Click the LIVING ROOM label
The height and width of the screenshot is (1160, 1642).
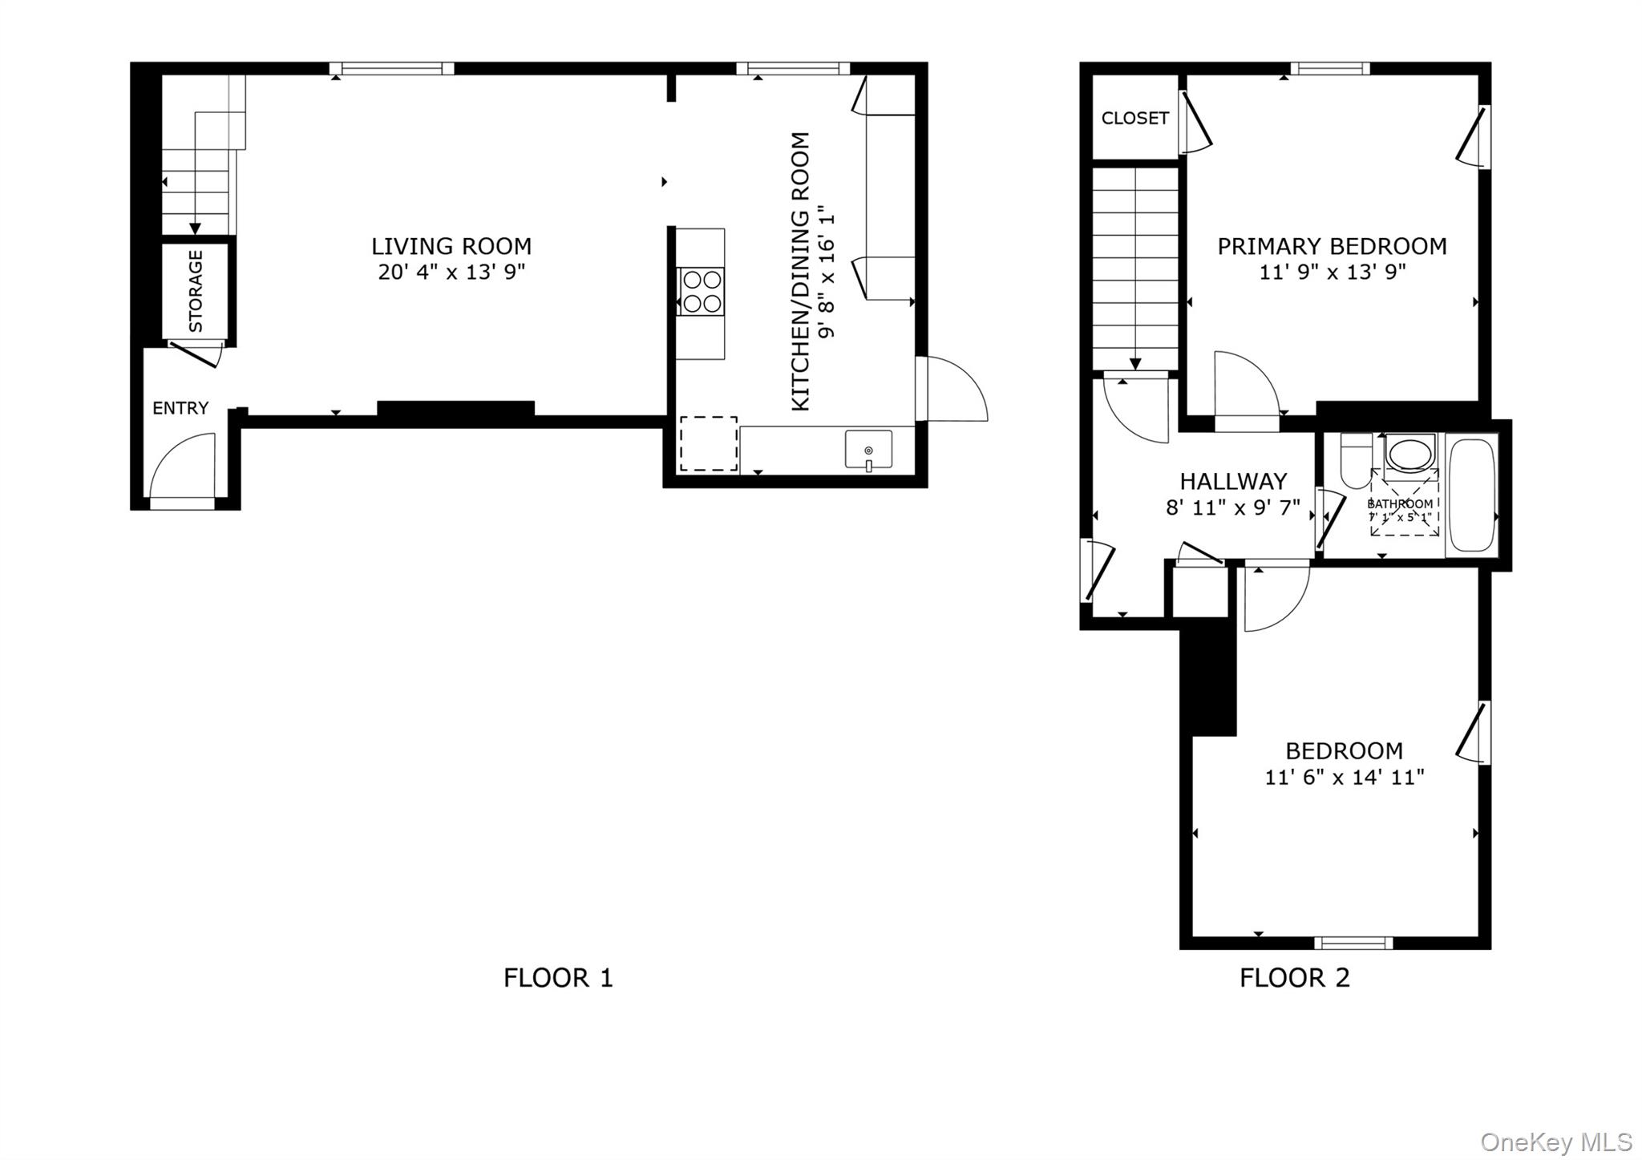click(451, 246)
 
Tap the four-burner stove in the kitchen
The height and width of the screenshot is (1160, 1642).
click(702, 291)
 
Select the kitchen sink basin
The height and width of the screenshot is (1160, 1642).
click(868, 449)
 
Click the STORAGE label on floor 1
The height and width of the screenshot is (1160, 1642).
click(196, 291)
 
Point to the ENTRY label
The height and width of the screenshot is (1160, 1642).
click(180, 408)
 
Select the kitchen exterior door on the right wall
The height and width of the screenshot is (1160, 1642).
click(952, 389)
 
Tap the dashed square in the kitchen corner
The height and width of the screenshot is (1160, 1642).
click(709, 443)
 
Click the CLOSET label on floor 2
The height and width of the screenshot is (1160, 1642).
click(1134, 119)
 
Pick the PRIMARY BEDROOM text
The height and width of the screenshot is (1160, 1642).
click(1332, 246)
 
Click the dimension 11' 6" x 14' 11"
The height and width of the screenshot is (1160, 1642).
click(1344, 777)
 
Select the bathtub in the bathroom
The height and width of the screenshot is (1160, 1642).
click(1472, 495)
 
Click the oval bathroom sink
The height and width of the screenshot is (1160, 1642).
click(1411, 455)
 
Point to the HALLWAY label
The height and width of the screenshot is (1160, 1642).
click(1233, 481)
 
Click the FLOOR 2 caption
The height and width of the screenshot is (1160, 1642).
click(1294, 977)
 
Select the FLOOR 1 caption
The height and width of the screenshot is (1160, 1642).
click(558, 977)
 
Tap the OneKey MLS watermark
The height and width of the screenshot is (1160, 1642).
click(1555, 1142)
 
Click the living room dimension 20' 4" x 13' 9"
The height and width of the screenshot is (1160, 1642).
click(451, 272)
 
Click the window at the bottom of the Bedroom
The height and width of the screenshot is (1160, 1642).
click(1353, 943)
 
